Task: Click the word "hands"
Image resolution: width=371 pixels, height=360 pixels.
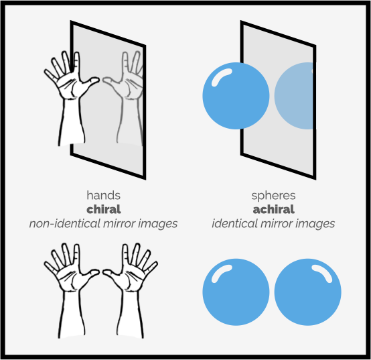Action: (x=103, y=195)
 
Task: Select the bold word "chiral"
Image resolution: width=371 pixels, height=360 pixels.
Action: (x=103, y=209)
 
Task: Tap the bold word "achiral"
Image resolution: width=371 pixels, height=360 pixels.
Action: (x=273, y=209)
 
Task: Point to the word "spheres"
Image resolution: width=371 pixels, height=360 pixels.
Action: (x=273, y=195)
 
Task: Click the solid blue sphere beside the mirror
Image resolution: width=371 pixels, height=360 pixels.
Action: (x=236, y=96)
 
